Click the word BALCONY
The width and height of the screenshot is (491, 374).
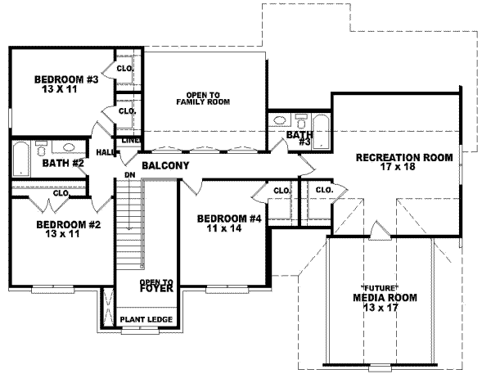[x=165, y=166]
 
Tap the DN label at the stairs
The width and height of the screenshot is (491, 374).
[x=129, y=175]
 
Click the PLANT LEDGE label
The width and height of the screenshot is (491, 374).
[x=144, y=318]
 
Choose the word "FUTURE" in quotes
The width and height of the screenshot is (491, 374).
[x=380, y=288]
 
